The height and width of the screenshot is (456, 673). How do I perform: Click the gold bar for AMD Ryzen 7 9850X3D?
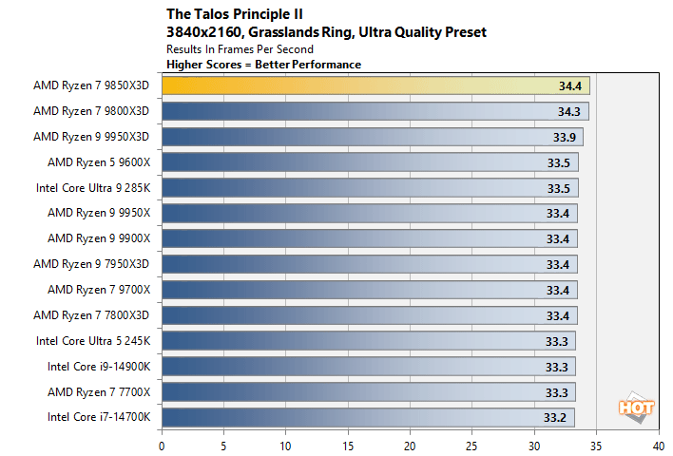pyautogui.click(x=375, y=85)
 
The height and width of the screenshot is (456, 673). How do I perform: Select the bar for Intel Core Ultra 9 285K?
pyautogui.click(x=370, y=187)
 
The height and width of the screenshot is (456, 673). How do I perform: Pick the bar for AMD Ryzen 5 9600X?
pyautogui.click(x=370, y=161)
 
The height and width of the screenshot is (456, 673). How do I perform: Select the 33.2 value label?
pyautogui.click(x=555, y=416)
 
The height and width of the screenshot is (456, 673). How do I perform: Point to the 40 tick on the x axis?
pyautogui.click(x=658, y=444)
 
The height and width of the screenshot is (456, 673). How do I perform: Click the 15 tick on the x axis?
pyautogui.click(x=348, y=444)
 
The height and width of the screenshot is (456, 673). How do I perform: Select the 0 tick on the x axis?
pyautogui.click(x=163, y=444)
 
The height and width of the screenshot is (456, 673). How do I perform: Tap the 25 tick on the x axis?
pyautogui.click(x=472, y=444)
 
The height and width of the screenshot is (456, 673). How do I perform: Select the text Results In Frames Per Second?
pyautogui.click(x=240, y=48)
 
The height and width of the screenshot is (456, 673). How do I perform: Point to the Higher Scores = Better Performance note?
pyautogui.click(x=263, y=64)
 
